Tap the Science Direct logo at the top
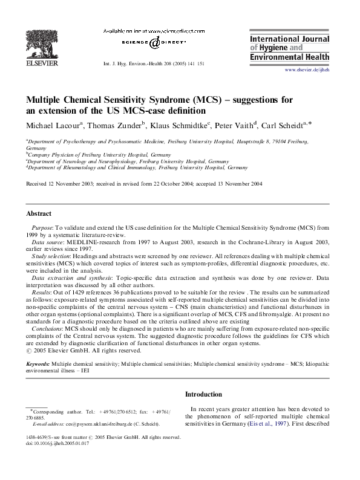pyautogui.click(x=154, y=43)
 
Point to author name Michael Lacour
pyautogui.click(x=52, y=125)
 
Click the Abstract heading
pyautogui.click(x=39, y=213)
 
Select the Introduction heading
pyautogui.click(x=205, y=394)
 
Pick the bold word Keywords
pyautogui.click(x=38, y=365)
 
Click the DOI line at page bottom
pyautogui.click(x=54, y=443)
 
